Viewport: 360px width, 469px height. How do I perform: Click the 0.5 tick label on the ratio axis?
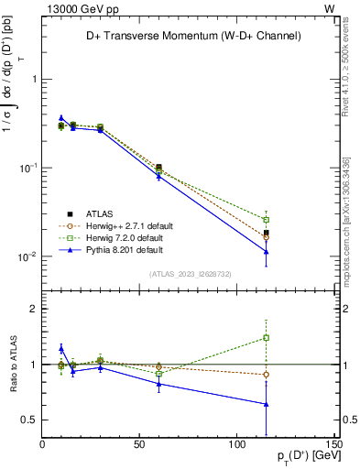coord(28,420)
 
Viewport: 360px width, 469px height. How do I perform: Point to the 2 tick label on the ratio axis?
coord(33,309)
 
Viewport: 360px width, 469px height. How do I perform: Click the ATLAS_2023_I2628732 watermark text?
coord(189,273)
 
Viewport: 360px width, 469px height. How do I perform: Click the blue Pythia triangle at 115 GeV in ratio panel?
coord(266,404)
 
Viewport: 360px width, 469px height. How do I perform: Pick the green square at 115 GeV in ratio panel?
coord(266,338)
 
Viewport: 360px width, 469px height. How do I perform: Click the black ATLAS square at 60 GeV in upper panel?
coord(158,167)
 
